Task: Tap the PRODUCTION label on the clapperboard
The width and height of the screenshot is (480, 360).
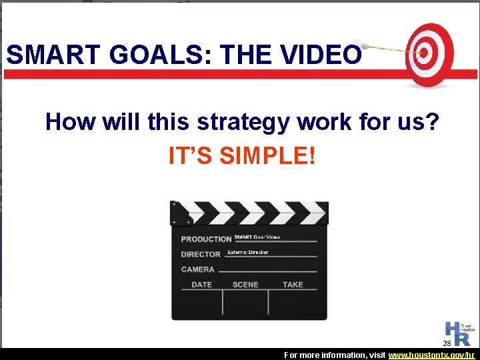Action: [x=206, y=239]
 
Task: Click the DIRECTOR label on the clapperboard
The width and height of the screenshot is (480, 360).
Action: [x=201, y=254]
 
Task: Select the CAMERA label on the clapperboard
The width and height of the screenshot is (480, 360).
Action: [x=198, y=269]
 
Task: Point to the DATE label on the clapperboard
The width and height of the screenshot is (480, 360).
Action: [x=202, y=285]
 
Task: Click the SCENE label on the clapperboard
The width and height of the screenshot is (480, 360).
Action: [x=245, y=285]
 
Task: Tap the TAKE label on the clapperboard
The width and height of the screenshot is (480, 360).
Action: [x=293, y=285]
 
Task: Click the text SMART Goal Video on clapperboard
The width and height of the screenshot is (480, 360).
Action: [x=257, y=237]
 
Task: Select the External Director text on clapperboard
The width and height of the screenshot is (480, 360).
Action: [x=248, y=253]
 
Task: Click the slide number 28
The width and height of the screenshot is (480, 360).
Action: [x=447, y=343]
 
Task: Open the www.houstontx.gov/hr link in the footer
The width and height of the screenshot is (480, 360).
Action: [x=432, y=355]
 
